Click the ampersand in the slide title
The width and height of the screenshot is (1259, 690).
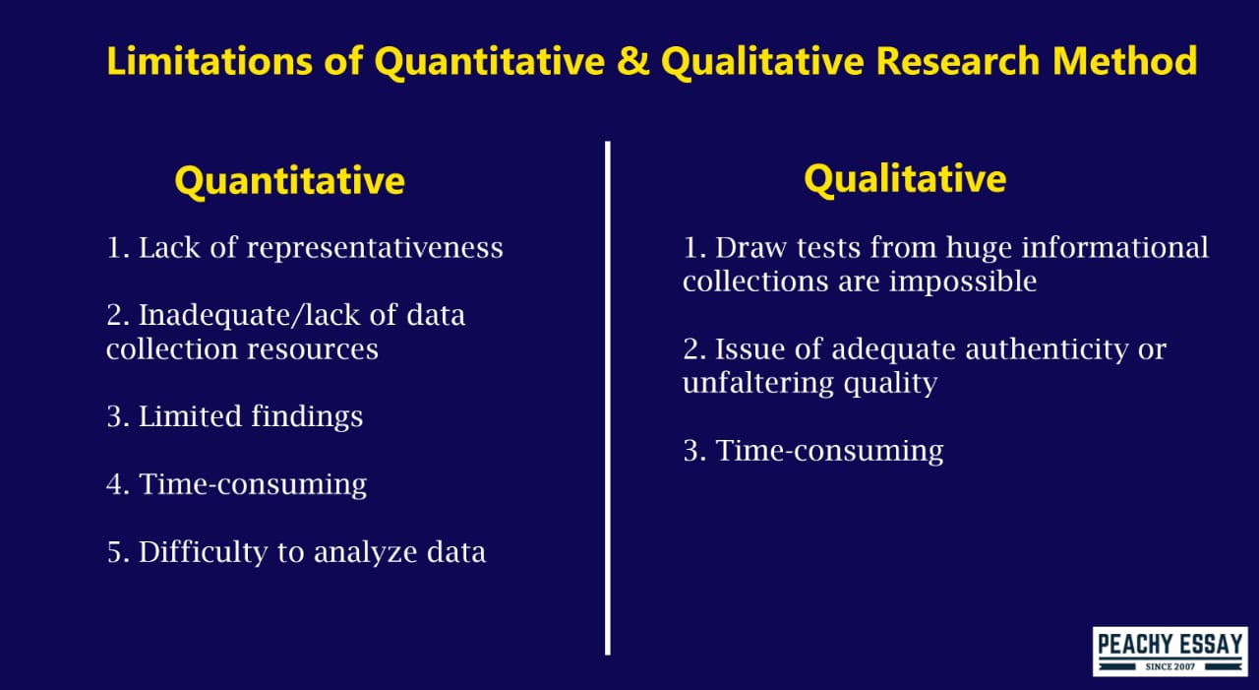click(632, 61)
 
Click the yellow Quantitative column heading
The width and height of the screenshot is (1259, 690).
click(289, 181)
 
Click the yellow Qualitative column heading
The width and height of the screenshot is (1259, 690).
click(905, 178)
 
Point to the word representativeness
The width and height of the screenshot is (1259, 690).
click(375, 248)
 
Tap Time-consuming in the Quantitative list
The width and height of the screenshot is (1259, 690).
click(253, 484)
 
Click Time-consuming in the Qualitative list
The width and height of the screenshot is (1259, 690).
click(829, 451)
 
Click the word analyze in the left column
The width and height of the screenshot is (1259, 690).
click(364, 552)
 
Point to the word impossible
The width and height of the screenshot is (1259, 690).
click(963, 282)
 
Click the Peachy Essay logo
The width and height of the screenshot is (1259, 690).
click(1170, 652)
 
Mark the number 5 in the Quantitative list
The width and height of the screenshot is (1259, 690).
click(114, 552)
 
